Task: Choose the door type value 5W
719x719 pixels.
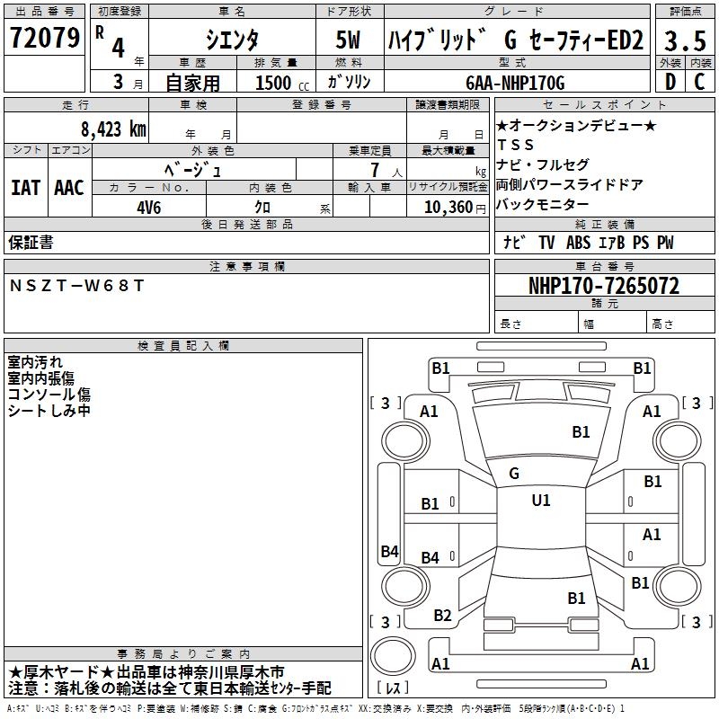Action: click(x=349, y=41)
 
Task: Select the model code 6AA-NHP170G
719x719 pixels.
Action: click(x=515, y=83)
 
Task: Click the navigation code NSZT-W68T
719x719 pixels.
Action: click(x=76, y=286)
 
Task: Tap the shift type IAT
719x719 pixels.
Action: click(x=26, y=188)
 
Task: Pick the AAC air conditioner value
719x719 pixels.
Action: click(x=69, y=188)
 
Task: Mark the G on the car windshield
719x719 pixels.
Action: click(x=514, y=473)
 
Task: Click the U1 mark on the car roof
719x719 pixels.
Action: click(x=541, y=501)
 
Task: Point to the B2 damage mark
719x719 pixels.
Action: click(x=442, y=616)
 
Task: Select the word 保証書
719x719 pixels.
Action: click(x=31, y=243)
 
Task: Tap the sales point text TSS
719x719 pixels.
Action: click(x=516, y=145)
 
